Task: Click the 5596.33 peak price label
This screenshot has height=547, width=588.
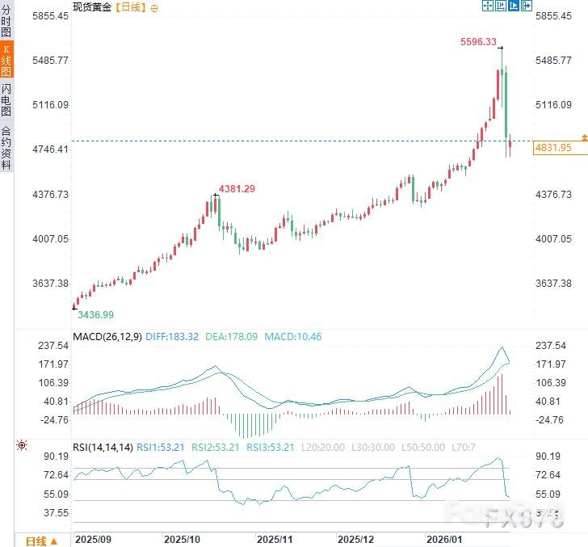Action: click(478, 42)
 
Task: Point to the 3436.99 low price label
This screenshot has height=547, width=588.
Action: click(95, 314)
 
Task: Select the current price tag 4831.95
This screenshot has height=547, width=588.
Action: click(553, 148)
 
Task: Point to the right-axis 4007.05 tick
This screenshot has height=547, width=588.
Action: click(554, 238)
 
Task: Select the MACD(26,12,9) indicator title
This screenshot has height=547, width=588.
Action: click(107, 336)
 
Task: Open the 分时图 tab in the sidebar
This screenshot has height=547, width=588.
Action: click(6, 22)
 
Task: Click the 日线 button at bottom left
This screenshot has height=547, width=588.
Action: click(40, 541)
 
